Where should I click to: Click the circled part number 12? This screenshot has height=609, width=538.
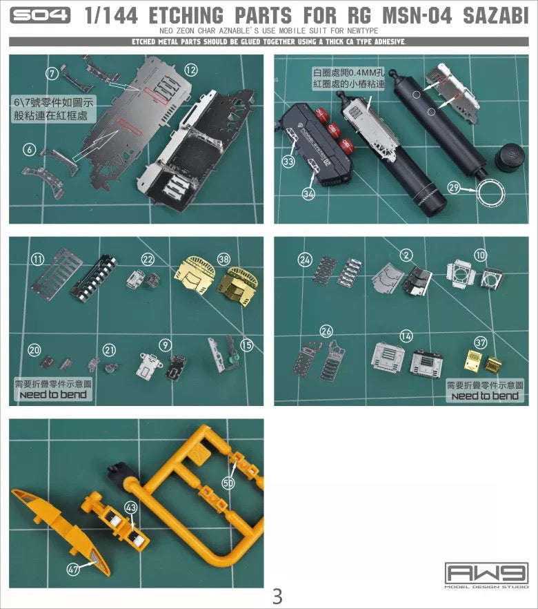click(191, 69)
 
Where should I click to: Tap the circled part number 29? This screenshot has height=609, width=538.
click(453, 187)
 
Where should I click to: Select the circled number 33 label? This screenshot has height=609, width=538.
click(288, 161)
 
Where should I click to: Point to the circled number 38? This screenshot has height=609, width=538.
click(223, 259)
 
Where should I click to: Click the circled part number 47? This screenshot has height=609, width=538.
click(74, 570)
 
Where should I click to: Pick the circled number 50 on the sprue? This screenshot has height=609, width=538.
click(228, 483)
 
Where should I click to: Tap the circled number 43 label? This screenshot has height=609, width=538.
click(132, 507)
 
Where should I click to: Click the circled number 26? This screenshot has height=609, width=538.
click(326, 331)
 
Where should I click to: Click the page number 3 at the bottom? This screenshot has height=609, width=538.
click(277, 595)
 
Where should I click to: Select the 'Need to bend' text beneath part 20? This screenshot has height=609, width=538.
click(53, 394)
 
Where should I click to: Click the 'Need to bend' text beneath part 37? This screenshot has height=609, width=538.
click(485, 396)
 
